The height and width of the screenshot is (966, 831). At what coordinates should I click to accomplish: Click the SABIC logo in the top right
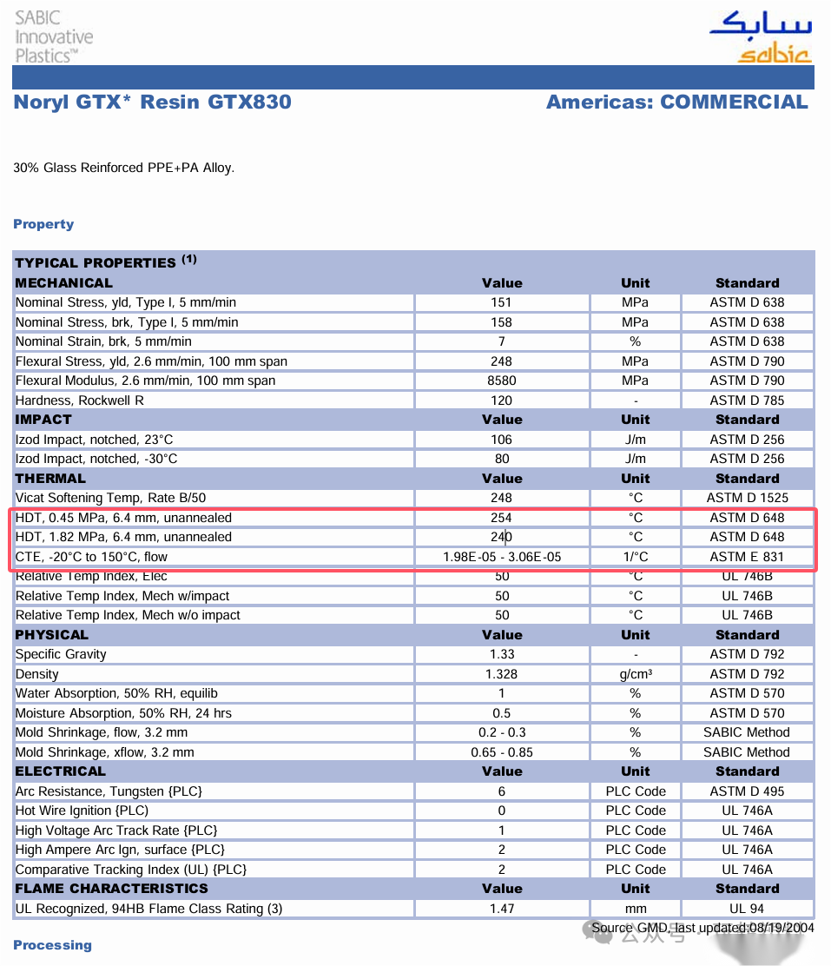click(x=761, y=37)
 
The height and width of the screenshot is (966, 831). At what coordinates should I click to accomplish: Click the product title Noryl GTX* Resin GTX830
click(x=153, y=103)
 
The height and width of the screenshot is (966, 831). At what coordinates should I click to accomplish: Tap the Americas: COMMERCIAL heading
click(x=676, y=103)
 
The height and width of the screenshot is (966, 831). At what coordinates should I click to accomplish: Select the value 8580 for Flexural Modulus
click(x=501, y=380)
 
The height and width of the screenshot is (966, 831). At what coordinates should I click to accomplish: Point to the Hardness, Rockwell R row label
click(x=80, y=400)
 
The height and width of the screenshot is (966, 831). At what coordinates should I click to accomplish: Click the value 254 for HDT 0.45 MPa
click(x=501, y=518)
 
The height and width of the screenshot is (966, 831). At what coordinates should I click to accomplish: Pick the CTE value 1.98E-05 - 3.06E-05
click(x=501, y=557)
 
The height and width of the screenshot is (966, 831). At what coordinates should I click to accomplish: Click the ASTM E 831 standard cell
click(x=747, y=557)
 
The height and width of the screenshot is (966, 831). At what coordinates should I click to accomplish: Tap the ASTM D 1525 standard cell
click(x=747, y=498)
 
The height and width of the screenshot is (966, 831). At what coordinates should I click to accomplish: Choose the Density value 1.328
click(x=501, y=674)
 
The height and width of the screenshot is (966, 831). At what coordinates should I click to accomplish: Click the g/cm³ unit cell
click(x=636, y=674)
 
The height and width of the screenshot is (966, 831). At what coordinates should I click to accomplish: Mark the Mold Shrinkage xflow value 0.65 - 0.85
click(x=501, y=752)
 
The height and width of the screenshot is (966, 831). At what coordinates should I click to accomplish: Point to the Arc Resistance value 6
click(x=501, y=791)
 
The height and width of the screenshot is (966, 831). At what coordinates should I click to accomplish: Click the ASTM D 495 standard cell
click(x=747, y=791)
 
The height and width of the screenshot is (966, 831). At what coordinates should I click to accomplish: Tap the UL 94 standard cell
click(x=747, y=909)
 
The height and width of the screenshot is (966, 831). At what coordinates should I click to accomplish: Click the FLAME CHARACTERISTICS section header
click(x=111, y=889)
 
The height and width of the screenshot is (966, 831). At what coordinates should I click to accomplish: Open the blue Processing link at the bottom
click(x=52, y=945)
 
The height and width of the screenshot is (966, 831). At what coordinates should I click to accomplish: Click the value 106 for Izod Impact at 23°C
click(x=501, y=440)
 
